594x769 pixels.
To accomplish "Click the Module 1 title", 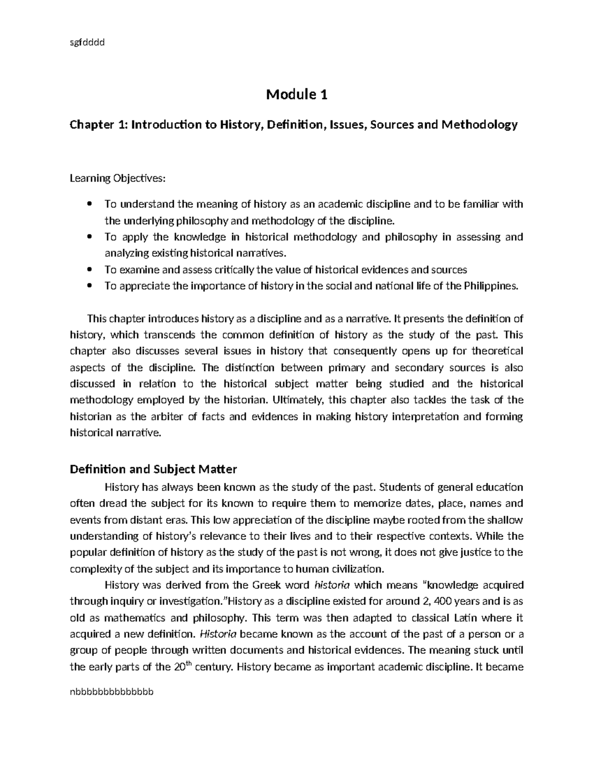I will click(x=297, y=94).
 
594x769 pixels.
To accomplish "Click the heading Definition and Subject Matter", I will click(x=153, y=469).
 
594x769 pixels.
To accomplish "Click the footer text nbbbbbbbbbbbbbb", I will click(x=112, y=691).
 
